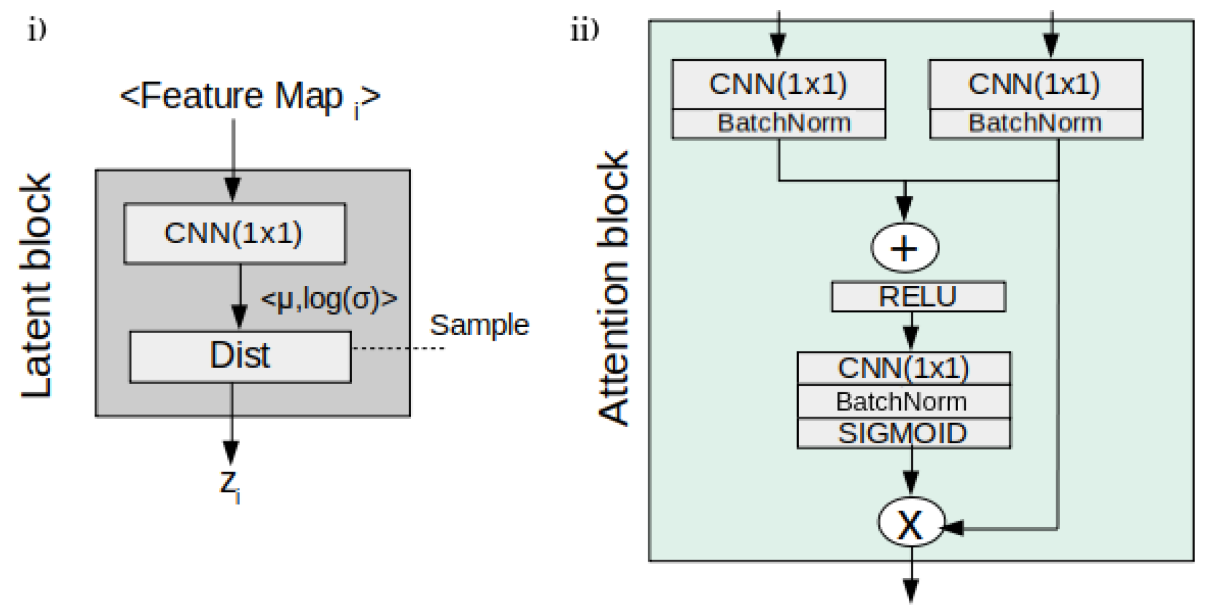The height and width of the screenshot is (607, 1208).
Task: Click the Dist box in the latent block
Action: (240, 356)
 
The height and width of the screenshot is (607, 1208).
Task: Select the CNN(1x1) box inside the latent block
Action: (234, 233)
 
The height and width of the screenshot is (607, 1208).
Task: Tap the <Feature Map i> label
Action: (250, 98)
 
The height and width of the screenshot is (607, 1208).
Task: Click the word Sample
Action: (479, 325)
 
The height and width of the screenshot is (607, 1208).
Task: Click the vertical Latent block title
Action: (36, 286)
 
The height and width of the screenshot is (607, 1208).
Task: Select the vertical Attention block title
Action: (612, 288)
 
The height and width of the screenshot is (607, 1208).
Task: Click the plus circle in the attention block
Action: (905, 248)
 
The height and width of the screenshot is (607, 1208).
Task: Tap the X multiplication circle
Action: (910, 523)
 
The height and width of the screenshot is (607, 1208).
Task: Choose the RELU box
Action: (918, 297)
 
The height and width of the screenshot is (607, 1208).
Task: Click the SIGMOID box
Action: (903, 434)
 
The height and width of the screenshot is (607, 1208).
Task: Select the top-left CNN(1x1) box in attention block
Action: (778, 84)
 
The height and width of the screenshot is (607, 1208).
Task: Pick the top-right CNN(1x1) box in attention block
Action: (1035, 84)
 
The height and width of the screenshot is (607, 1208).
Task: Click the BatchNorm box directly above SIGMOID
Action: (903, 402)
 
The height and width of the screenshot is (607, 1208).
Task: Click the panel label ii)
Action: (584, 30)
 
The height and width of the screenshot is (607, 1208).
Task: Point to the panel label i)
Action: (37, 30)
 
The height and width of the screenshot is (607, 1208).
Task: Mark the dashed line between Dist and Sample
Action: (397, 348)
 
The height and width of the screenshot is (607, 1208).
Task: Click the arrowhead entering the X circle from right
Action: (954, 528)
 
